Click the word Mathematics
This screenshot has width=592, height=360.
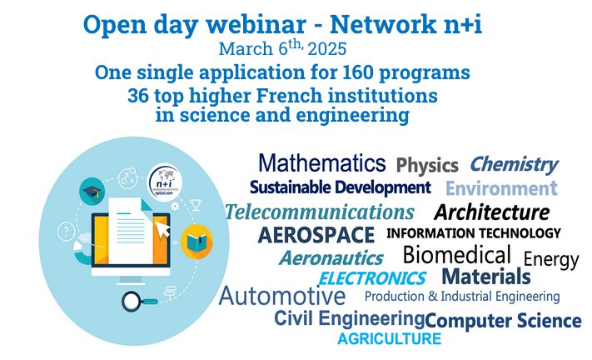(321, 162)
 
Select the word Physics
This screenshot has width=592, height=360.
(427, 164)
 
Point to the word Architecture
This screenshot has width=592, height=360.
(491, 212)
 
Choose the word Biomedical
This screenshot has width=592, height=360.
(456, 254)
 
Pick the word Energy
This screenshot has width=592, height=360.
(550, 259)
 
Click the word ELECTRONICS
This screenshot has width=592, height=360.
(372, 278)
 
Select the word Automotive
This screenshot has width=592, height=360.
(281, 296)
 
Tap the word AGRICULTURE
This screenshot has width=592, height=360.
(389, 339)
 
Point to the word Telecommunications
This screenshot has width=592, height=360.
(319, 212)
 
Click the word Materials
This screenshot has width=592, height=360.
(485, 276)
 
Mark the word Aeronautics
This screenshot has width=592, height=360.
(331, 258)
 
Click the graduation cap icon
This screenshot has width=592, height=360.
(90, 192)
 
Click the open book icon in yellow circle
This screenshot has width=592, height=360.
(197, 242)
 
